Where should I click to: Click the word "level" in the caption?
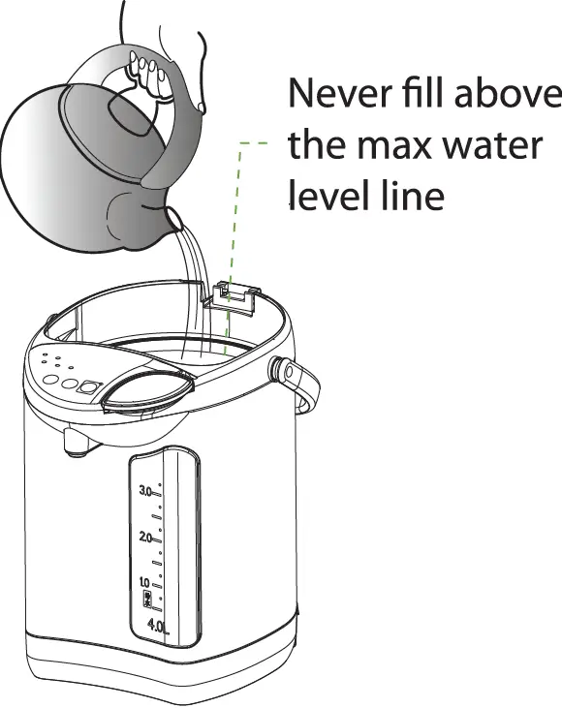point(326,197)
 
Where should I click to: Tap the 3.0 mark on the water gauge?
point(147,491)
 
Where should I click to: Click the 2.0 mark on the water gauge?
point(147,536)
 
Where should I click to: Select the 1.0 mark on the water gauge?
point(146,581)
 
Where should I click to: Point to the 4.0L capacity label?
point(158,627)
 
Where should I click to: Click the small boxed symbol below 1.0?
point(147,600)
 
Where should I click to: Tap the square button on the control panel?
point(88,386)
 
